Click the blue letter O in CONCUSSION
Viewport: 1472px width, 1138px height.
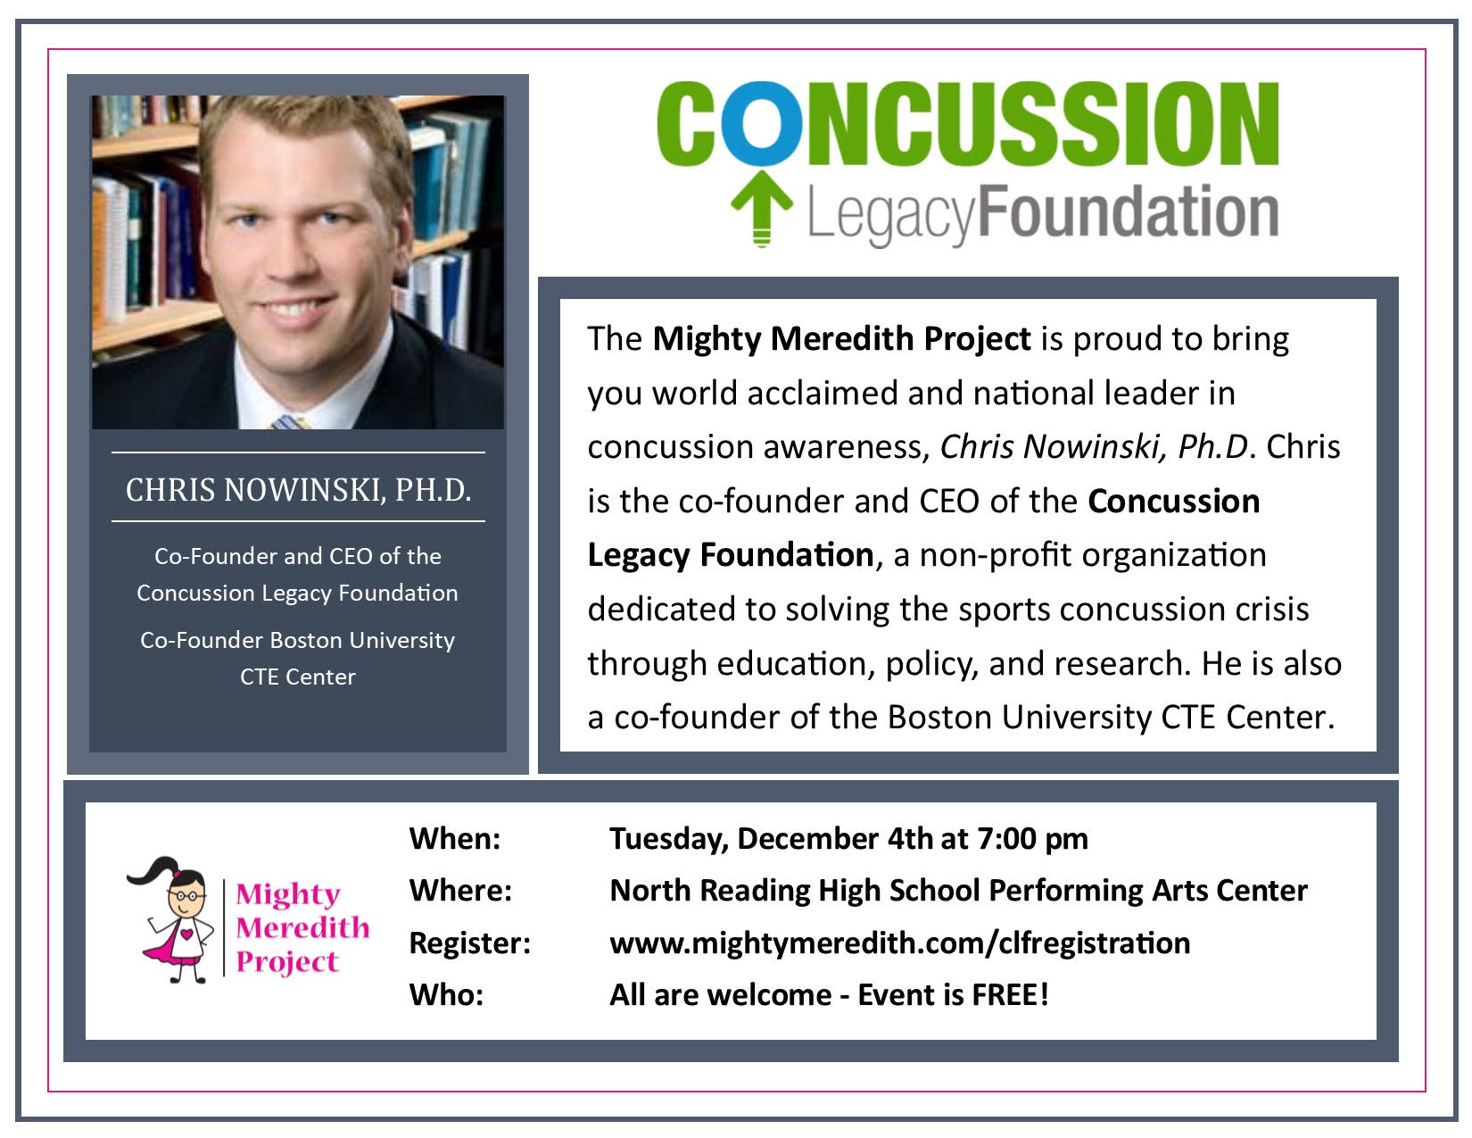(x=761, y=124)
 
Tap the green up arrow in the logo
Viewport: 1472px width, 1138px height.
(x=762, y=208)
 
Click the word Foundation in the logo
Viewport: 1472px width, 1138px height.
(x=1128, y=212)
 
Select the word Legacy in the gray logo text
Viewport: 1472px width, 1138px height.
(x=891, y=215)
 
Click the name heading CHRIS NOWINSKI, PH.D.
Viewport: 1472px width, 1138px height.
(x=298, y=489)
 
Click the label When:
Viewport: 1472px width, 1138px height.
(x=455, y=839)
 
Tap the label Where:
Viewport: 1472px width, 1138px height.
(x=460, y=891)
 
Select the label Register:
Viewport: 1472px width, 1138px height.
(x=470, y=943)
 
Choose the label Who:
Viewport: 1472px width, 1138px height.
(x=446, y=995)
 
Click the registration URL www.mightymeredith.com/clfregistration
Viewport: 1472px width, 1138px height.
(x=899, y=943)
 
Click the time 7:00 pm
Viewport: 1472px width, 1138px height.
(x=1032, y=839)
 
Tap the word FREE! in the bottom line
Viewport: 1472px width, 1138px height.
(x=1011, y=995)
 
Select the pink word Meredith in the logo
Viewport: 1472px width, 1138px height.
(x=302, y=927)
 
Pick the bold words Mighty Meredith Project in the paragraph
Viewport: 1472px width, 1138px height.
(x=841, y=339)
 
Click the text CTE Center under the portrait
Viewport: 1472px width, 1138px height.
(x=297, y=677)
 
